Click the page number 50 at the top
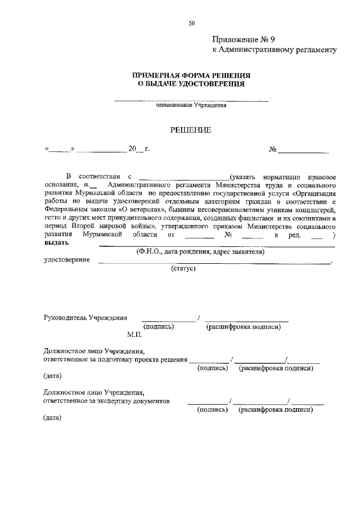coord(192,23)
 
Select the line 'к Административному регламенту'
coord(274,50)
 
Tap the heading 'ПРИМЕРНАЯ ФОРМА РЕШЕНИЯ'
coord(191,75)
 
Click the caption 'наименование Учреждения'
coord(191,105)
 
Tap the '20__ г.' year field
coord(138,149)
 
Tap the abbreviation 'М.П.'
coord(134,335)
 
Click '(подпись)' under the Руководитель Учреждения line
coord(159,326)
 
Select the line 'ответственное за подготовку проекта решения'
coord(115,359)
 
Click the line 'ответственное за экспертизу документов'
coord(106,401)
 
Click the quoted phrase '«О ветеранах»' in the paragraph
coord(141,209)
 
